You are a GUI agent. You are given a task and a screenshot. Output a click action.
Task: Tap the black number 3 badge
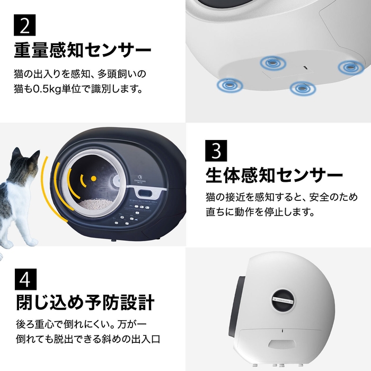click(216, 152)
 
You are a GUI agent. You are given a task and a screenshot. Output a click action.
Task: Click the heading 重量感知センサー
click(83, 51)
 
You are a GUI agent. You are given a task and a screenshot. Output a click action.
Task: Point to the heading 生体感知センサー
click(275, 174)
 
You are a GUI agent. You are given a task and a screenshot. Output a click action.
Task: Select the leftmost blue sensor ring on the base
click(226, 84)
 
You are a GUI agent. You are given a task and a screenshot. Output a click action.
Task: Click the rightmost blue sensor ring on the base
click(349, 67)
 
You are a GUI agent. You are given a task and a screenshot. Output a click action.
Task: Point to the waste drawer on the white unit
click(279, 345)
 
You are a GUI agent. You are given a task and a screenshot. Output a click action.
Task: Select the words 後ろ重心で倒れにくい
click(58, 324)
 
